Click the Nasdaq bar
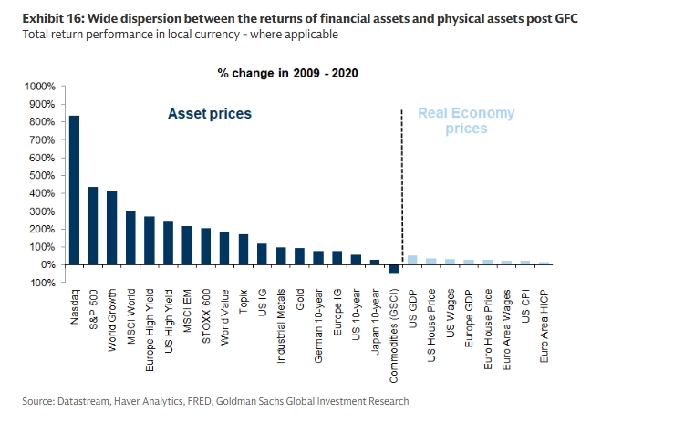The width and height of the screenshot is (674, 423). tap(74, 191)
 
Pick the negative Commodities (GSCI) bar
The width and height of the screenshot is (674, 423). tap(394, 269)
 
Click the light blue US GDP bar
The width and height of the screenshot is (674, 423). tap(412, 260)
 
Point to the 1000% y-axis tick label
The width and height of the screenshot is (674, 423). tap(40, 86)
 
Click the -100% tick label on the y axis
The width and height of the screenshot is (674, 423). tap(42, 283)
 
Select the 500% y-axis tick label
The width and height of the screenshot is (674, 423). tap(43, 175)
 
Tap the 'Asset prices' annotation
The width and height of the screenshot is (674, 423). tap(209, 114)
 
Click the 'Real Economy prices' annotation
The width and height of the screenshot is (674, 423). tap(466, 121)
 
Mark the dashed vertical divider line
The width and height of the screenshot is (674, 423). tap(402, 182)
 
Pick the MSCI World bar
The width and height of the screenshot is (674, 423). tap(130, 238)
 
